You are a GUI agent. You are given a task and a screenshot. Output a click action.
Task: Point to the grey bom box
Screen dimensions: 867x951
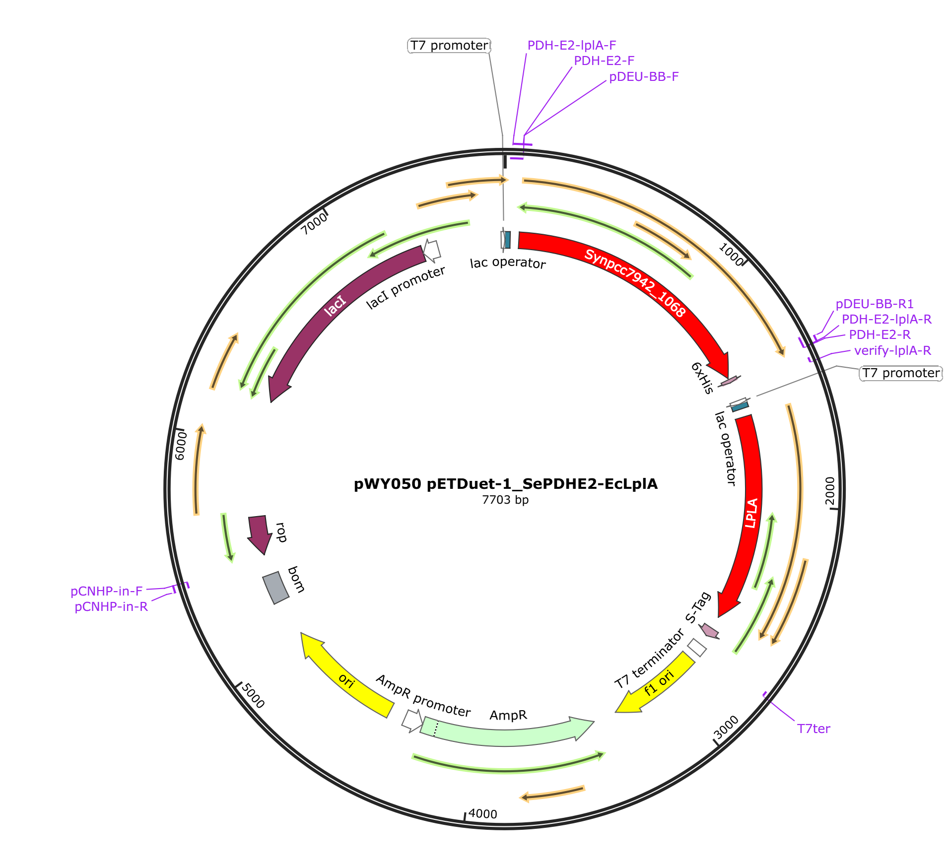click(276, 588)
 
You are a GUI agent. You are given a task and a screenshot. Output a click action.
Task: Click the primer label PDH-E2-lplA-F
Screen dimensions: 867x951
click(571, 45)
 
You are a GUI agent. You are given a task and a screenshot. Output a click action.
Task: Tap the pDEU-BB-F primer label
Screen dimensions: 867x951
click(643, 76)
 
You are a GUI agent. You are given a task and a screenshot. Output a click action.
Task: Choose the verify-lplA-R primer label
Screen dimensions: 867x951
click(892, 350)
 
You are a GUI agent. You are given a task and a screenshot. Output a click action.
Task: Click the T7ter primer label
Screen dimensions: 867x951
click(813, 729)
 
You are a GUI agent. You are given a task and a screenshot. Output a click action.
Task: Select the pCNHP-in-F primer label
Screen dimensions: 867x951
click(106, 591)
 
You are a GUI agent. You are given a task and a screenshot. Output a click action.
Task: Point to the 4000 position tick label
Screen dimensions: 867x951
click(482, 814)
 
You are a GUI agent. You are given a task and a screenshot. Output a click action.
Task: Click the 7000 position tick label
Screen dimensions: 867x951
click(314, 223)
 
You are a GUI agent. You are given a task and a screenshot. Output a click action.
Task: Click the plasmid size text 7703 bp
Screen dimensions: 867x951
click(505, 500)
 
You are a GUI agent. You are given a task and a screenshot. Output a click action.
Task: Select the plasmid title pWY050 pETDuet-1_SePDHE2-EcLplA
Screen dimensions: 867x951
click(505, 484)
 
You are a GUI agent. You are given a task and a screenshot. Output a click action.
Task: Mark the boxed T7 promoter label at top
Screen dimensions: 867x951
click(449, 46)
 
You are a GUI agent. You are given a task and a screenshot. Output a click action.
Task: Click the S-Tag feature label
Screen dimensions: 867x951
click(698, 607)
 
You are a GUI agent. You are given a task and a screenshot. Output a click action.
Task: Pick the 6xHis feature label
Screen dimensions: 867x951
click(702, 378)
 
